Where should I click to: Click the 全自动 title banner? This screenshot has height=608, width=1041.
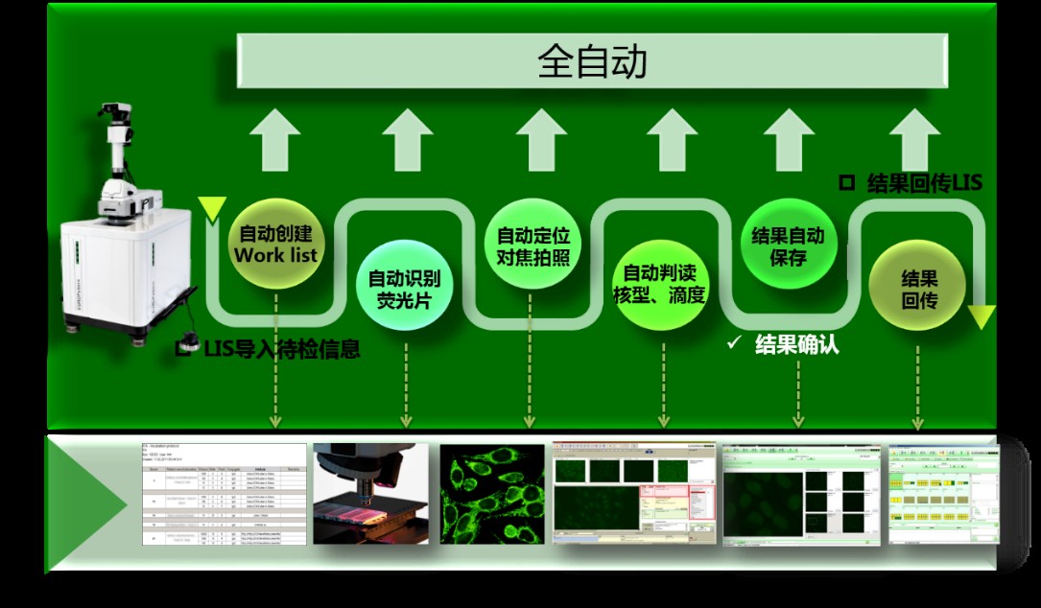point(592,61)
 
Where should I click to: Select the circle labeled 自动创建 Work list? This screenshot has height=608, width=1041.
point(274,244)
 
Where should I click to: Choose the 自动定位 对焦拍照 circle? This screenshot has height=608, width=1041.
point(533,246)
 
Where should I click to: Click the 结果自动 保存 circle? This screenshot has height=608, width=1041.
point(788,246)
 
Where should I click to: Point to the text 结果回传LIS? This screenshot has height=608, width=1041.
point(923,182)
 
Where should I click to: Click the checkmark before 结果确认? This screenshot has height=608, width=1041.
point(735,343)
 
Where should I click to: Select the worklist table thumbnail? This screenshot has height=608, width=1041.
point(225,494)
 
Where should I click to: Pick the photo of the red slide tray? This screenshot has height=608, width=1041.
point(370,494)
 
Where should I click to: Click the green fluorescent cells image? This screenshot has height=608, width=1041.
point(491,494)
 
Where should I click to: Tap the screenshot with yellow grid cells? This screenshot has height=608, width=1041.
point(941,494)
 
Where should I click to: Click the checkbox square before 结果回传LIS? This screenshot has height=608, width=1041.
point(846,182)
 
